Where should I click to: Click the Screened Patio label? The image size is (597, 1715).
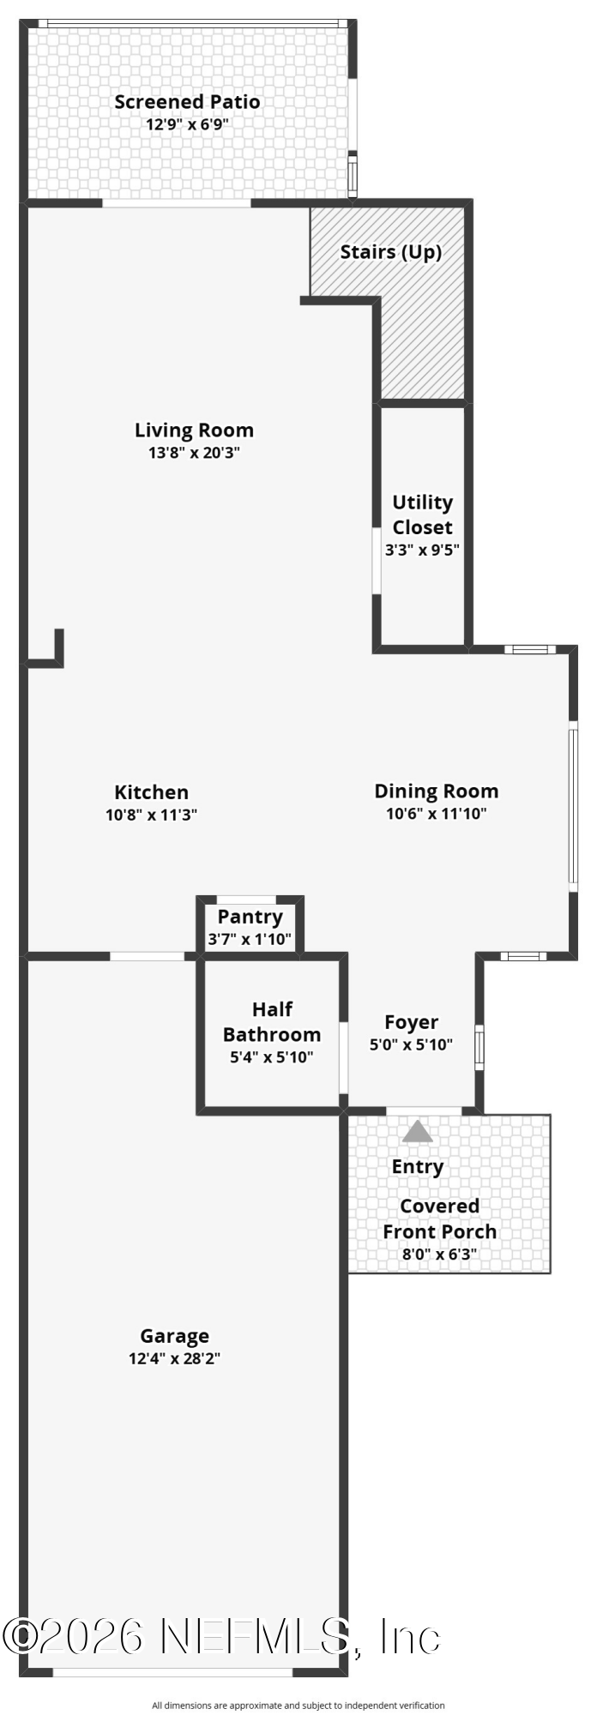tap(187, 102)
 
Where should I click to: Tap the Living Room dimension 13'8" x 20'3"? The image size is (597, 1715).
tap(194, 453)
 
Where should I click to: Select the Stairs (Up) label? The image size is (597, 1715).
tap(391, 252)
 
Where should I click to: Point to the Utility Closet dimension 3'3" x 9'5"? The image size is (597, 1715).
tap(422, 550)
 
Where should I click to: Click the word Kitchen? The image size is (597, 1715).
tap(152, 792)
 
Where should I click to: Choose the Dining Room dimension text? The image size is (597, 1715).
tap(437, 814)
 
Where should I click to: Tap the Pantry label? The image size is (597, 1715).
tap(250, 917)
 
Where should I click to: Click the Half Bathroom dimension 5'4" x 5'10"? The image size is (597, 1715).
tap(272, 1057)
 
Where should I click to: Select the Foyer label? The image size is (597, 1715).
tap(412, 1022)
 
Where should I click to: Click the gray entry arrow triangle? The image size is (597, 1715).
tap(418, 1132)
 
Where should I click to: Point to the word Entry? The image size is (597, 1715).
tap(418, 1167)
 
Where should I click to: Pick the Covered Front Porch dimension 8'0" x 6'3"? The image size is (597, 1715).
tap(439, 1254)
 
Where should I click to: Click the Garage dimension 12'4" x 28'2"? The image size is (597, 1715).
tap(175, 1358)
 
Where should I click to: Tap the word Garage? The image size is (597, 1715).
tap(175, 1336)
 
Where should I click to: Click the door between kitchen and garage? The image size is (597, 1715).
tap(148, 956)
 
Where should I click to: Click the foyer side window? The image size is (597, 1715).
tap(479, 1046)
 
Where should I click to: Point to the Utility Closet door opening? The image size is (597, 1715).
tap(376, 561)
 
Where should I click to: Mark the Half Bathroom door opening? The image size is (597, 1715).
tap(343, 1057)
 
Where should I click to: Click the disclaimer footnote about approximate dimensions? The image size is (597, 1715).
tap(298, 1706)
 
